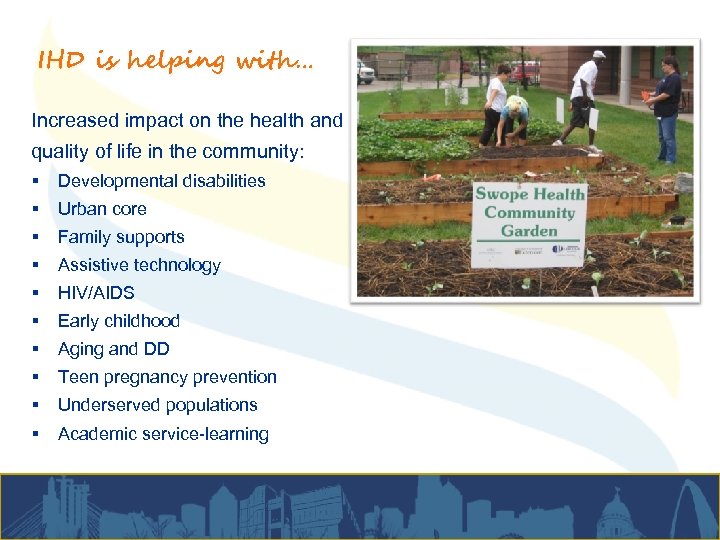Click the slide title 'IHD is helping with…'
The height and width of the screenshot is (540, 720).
coord(174,62)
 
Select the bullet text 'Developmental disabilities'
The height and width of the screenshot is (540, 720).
coord(161,181)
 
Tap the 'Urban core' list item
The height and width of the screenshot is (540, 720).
coord(102,209)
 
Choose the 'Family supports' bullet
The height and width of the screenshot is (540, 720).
coord(121,237)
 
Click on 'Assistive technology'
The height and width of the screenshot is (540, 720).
coord(139,265)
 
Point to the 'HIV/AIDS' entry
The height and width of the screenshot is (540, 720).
coord(96,293)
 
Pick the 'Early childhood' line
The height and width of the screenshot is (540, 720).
coord(119,321)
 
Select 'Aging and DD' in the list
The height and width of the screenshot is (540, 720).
coord(114,349)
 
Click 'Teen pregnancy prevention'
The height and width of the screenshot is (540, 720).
coord(167,377)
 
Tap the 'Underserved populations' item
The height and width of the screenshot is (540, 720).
coord(158,405)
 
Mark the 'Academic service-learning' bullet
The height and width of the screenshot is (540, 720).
coord(163,434)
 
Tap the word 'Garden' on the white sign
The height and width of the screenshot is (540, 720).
coord(529,231)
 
